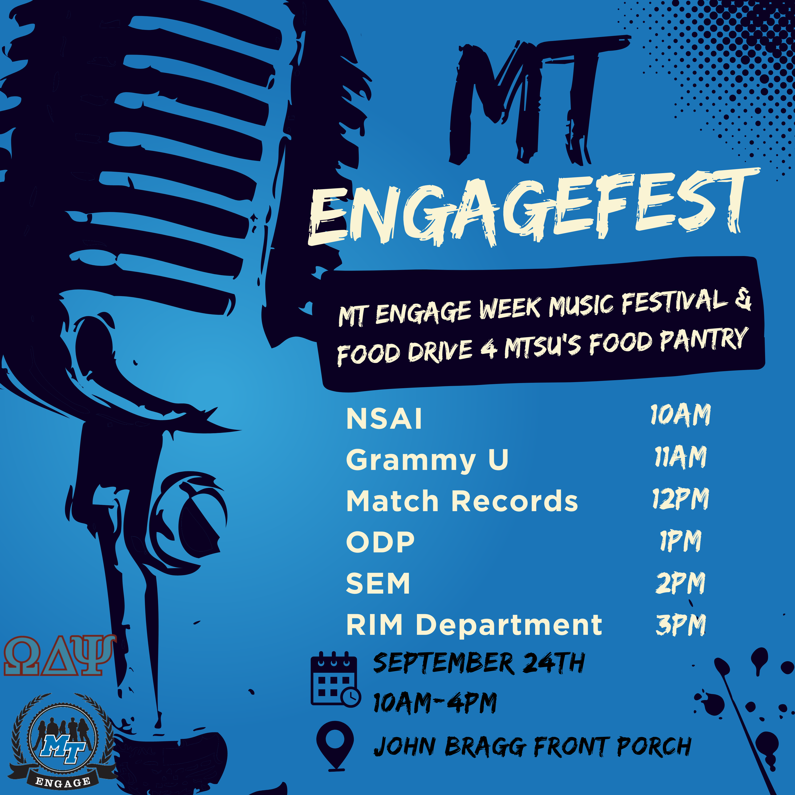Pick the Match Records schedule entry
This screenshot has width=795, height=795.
(x=462, y=501)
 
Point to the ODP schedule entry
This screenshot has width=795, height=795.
(x=380, y=542)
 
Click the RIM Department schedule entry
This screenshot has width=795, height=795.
(x=474, y=625)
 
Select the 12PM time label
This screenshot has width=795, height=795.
(x=681, y=499)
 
